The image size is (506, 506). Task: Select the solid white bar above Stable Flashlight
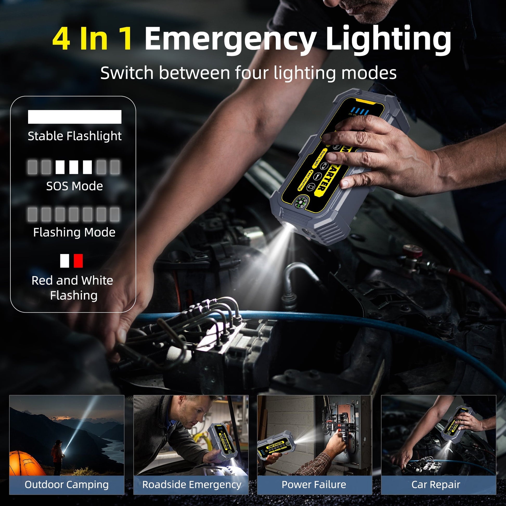75,117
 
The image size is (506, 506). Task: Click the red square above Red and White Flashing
78,261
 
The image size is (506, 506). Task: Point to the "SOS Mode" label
75,186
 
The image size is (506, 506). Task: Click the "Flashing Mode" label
74,232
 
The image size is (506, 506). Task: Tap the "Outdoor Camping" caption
67,485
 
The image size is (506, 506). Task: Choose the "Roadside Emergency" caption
191,485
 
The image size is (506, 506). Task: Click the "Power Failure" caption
314,485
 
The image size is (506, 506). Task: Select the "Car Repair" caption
436,485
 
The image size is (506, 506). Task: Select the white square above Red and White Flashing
64,261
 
